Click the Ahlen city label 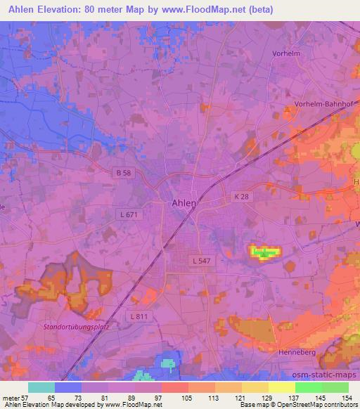[184, 202]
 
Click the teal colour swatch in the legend [42, 387]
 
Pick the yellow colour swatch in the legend [281, 387]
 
